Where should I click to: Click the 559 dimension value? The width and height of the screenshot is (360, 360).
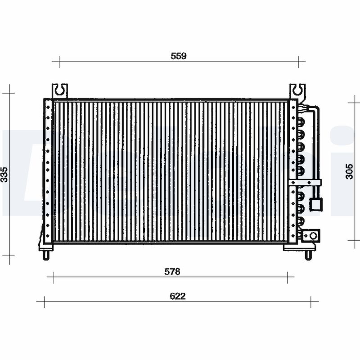[178, 56]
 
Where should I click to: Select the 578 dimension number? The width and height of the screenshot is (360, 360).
[172, 272]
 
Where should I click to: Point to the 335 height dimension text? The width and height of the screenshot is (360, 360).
[5, 175]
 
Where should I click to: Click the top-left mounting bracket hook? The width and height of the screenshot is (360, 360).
[60, 90]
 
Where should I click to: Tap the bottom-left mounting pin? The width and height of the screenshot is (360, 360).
[46, 255]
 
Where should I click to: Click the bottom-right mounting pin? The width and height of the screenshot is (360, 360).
[308, 255]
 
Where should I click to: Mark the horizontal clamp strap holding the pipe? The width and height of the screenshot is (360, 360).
[306, 182]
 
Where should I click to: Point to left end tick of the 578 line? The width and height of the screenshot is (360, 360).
[54, 278]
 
